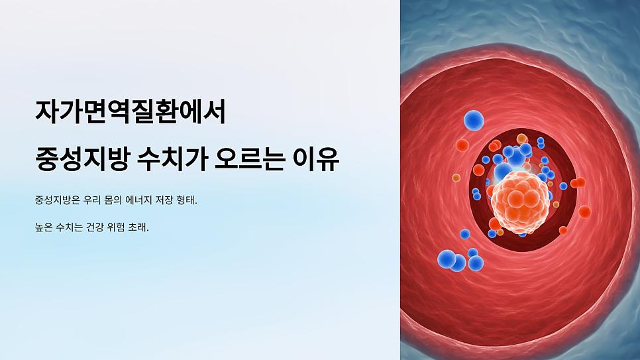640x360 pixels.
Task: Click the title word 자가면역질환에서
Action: [x=131, y=112]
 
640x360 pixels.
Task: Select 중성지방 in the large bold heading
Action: [x=79, y=160]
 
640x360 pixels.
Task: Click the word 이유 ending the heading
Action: [x=319, y=160]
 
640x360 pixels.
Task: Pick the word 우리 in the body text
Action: [x=95, y=200]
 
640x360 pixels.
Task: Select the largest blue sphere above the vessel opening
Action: [x=474, y=120]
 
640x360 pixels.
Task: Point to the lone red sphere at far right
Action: [x=584, y=211]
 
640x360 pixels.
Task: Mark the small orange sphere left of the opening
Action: [x=456, y=178]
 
